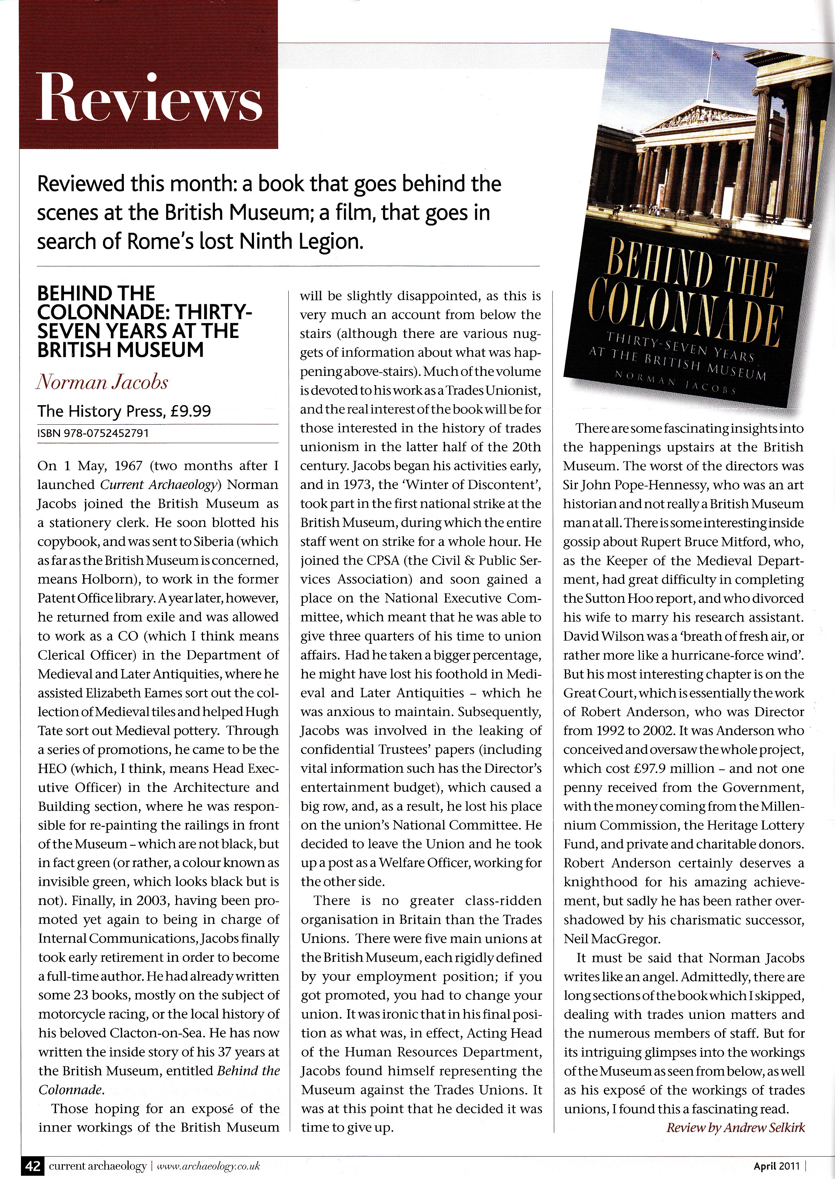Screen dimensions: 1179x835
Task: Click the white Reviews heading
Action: (149, 97)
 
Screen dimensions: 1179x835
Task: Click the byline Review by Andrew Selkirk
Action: (735, 1128)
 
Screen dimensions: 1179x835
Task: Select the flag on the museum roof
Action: (715, 53)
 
